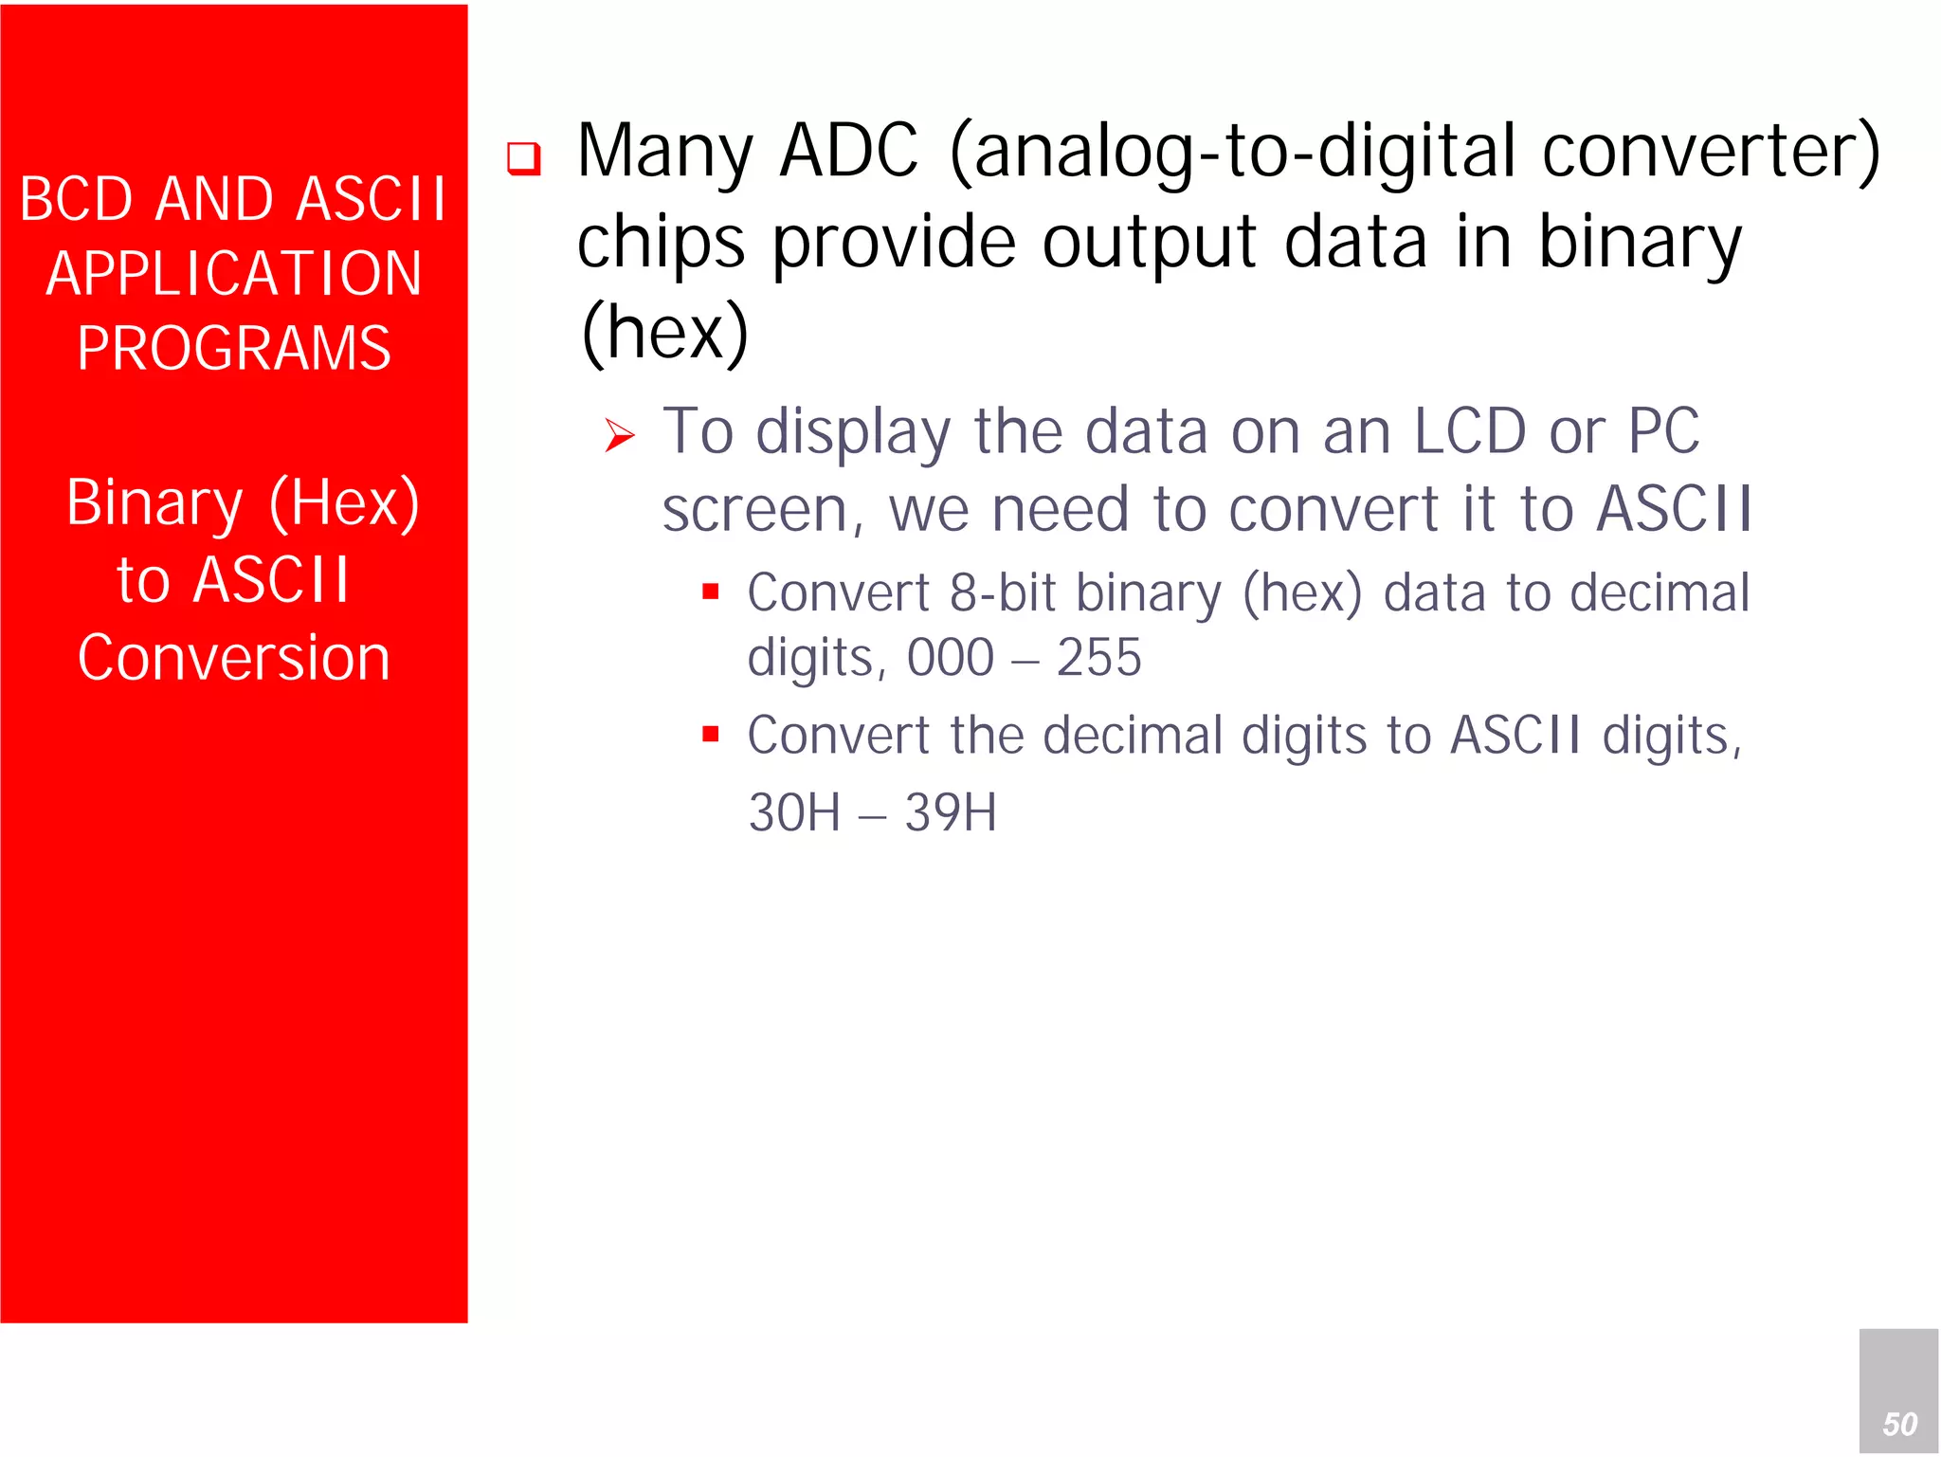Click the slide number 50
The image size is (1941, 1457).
pyautogui.click(x=1899, y=1424)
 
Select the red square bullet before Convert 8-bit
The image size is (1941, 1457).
pyautogui.click(x=711, y=592)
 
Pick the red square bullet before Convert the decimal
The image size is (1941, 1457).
pyautogui.click(x=711, y=734)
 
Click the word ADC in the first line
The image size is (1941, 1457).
pyautogui.click(x=848, y=152)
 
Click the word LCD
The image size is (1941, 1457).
pyautogui.click(x=1469, y=431)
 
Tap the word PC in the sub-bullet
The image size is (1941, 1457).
pyautogui.click(x=1663, y=431)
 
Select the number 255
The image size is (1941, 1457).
pyautogui.click(x=1098, y=657)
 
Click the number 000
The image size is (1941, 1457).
pyautogui.click(x=950, y=657)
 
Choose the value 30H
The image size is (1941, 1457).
pyautogui.click(x=794, y=812)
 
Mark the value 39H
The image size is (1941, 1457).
pyautogui.click(x=950, y=812)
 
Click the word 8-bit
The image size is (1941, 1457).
pyautogui.click(x=1002, y=593)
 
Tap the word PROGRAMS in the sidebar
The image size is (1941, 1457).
pyautogui.click(x=233, y=348)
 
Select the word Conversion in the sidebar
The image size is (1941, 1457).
pyautogui.click(x=233, y=657)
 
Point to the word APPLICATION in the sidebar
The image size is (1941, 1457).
pyautogui.click(x=233, y=274)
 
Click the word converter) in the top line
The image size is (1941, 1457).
pyautogui.click(x=1711, y=152)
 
